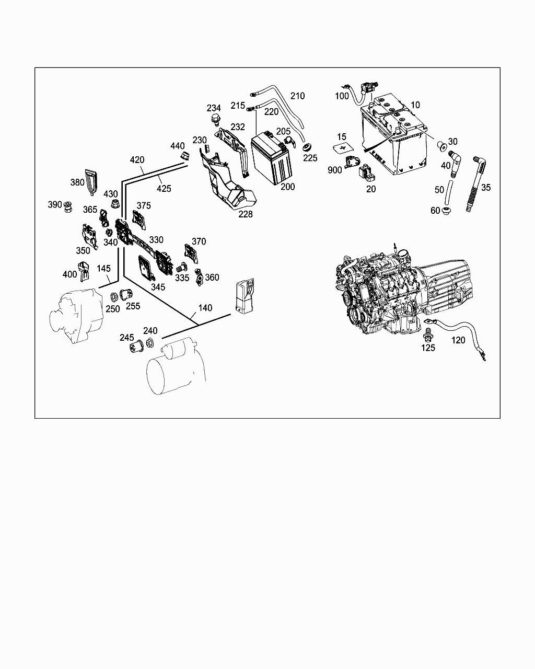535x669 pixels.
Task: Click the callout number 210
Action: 297,96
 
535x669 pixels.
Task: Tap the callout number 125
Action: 428,348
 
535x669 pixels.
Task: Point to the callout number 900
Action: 335,170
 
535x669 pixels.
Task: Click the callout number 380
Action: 77,182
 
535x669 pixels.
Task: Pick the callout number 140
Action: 205,308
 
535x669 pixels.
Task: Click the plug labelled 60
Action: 447,211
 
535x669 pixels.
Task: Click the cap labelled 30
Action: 441,143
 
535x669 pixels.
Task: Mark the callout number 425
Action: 164,188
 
